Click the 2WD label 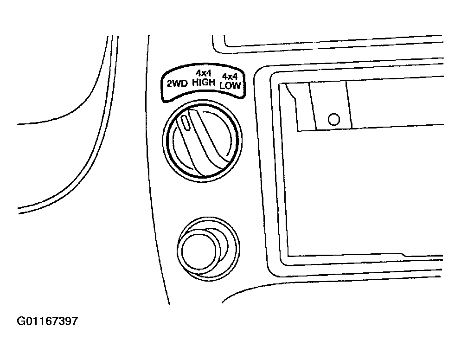coord(177,84)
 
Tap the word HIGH coord(204,82)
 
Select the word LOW coord(230,85)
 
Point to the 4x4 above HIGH coord(204,73)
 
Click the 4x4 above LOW coord(230,77)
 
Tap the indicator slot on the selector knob coord(186,122)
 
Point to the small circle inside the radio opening coord(334,119)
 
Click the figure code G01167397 coord(48,321)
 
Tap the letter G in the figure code coord(21,321)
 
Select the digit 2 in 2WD coord(170,84)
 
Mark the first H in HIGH coord(195,83)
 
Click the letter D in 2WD coord(185,84)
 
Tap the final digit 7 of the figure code coord(75,321)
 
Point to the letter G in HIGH coord(205,83)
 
